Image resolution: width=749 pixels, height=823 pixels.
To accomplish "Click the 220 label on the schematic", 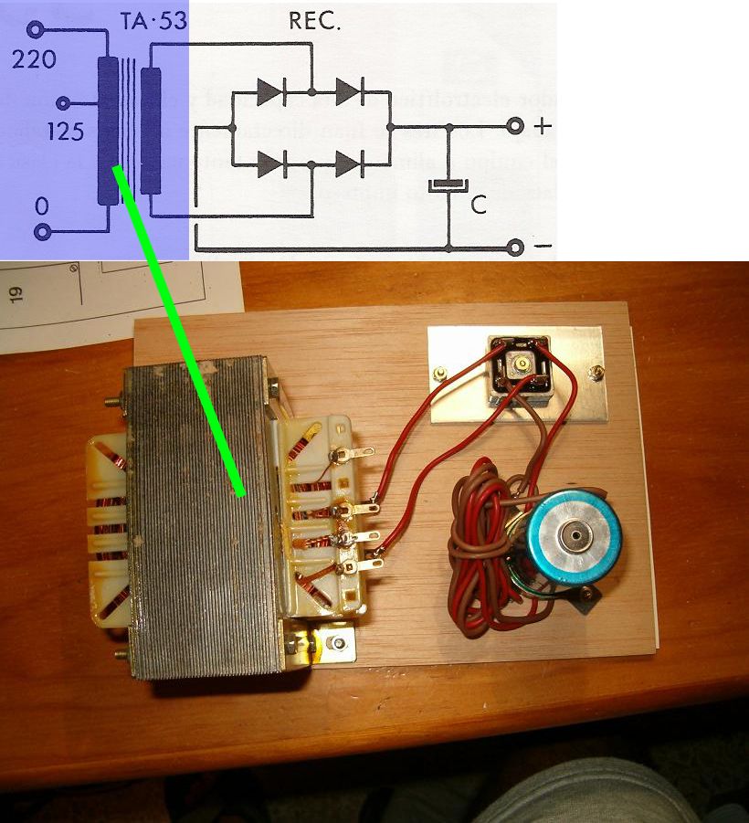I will (x=34, y=60).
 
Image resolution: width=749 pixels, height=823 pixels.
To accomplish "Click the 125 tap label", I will (x=65, y=132).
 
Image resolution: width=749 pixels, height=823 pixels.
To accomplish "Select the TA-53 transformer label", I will (x=153, y=21).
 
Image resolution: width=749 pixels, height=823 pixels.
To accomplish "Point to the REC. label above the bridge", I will (x=314, y=22).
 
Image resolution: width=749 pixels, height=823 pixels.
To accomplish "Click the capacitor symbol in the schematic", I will (x=448, y=186).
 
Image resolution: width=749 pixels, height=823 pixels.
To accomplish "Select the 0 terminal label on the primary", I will (x=41, y=207).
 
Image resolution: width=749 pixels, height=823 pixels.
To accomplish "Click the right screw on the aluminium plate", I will (x=597, y=372).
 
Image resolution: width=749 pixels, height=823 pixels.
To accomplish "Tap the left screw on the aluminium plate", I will (x=441, y=373).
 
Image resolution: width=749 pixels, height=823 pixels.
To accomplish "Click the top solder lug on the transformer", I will (x=352, y=451).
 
